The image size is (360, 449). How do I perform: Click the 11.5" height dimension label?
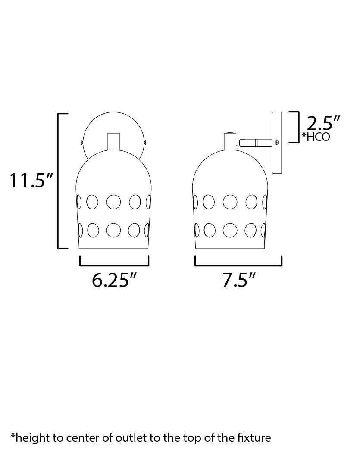(x=31, y=181)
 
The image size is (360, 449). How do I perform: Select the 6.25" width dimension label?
(x=114, y=281)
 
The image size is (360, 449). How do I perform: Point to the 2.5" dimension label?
(x=320, y=124)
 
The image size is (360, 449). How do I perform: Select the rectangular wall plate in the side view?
(x=276, y=143)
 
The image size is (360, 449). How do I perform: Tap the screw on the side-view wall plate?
(x=276, y=142)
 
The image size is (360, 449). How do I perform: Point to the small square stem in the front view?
(x=114, y=141)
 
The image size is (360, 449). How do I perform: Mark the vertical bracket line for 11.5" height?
(x=59, y=181)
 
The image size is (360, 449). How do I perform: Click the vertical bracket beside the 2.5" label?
(x=297, y=127)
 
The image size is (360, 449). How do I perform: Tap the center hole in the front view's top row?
(x=114, y=202)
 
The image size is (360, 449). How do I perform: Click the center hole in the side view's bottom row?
(x=230, y=230)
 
